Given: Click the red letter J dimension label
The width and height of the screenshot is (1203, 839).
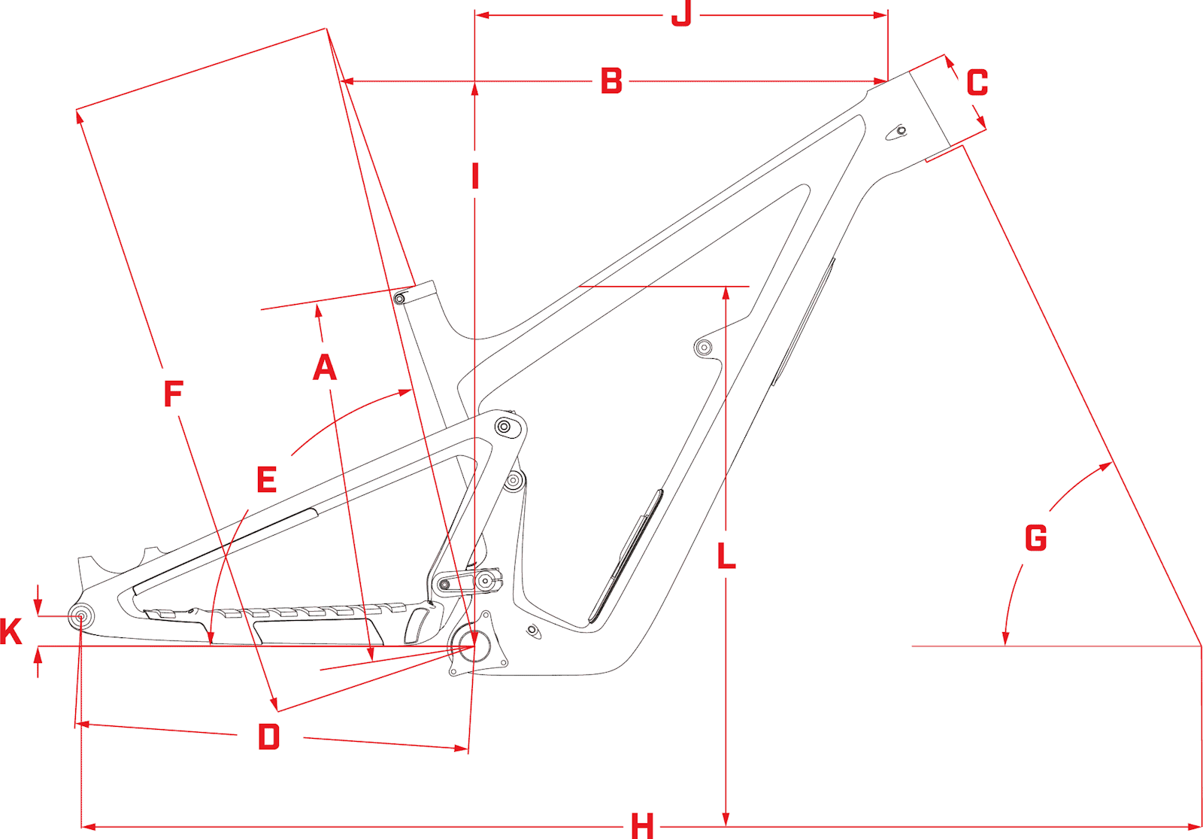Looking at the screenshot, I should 681,14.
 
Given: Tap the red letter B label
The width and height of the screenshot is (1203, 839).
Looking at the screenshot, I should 611,81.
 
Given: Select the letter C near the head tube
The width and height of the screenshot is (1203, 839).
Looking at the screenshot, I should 977,83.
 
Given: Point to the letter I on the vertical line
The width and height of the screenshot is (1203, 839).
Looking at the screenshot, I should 475,176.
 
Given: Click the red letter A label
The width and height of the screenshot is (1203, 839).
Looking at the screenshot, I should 325,367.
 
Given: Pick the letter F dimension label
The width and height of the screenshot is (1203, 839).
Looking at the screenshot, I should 173,394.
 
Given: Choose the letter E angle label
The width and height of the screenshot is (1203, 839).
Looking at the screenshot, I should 266,480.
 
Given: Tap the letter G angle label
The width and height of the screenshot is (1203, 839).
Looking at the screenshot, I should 1035,538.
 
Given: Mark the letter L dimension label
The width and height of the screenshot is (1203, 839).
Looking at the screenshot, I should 726,557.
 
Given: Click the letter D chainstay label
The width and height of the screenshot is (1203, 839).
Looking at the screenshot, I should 268,737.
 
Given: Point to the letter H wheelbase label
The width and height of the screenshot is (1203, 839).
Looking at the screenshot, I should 642,826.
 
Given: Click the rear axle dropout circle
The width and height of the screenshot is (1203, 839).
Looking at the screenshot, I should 81,617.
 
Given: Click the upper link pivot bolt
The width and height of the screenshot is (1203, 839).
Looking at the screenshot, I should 505,427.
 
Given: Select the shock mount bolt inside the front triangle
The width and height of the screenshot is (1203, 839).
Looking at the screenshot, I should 704,347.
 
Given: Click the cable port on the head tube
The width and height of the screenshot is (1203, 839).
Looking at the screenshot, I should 900,132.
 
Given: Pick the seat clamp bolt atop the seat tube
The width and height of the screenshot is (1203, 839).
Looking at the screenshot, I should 400,299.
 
